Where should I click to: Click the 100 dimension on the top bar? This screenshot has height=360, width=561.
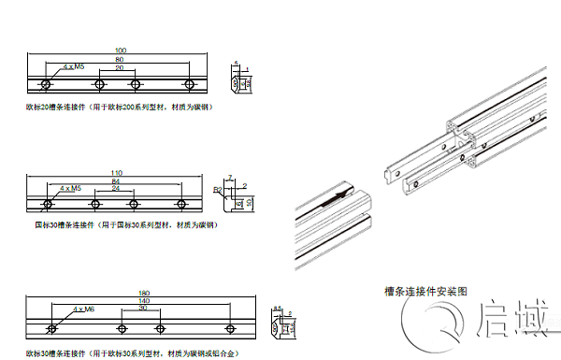pos(119,50)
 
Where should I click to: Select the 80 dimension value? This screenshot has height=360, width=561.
pos(119,60)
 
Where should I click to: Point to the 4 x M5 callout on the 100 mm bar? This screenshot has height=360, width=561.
pos(74,67)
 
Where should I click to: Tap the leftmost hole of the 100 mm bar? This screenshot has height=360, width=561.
pos(46,85)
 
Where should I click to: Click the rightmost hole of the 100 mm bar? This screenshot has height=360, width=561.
pos(191,85)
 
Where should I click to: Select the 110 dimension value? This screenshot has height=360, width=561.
pos(116,173)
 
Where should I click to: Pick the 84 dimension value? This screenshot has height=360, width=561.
pos(115,181)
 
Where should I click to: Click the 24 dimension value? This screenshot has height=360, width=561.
pos(115,189)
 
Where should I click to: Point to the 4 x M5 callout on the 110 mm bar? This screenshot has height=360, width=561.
pos(70,189)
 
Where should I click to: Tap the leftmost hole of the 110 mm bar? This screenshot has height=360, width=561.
pos(48,204)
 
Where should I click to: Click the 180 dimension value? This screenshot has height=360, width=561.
pos(143,292)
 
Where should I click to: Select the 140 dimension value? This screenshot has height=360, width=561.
pos(143,300)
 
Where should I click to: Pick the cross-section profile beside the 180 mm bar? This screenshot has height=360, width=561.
pos(280,324)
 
